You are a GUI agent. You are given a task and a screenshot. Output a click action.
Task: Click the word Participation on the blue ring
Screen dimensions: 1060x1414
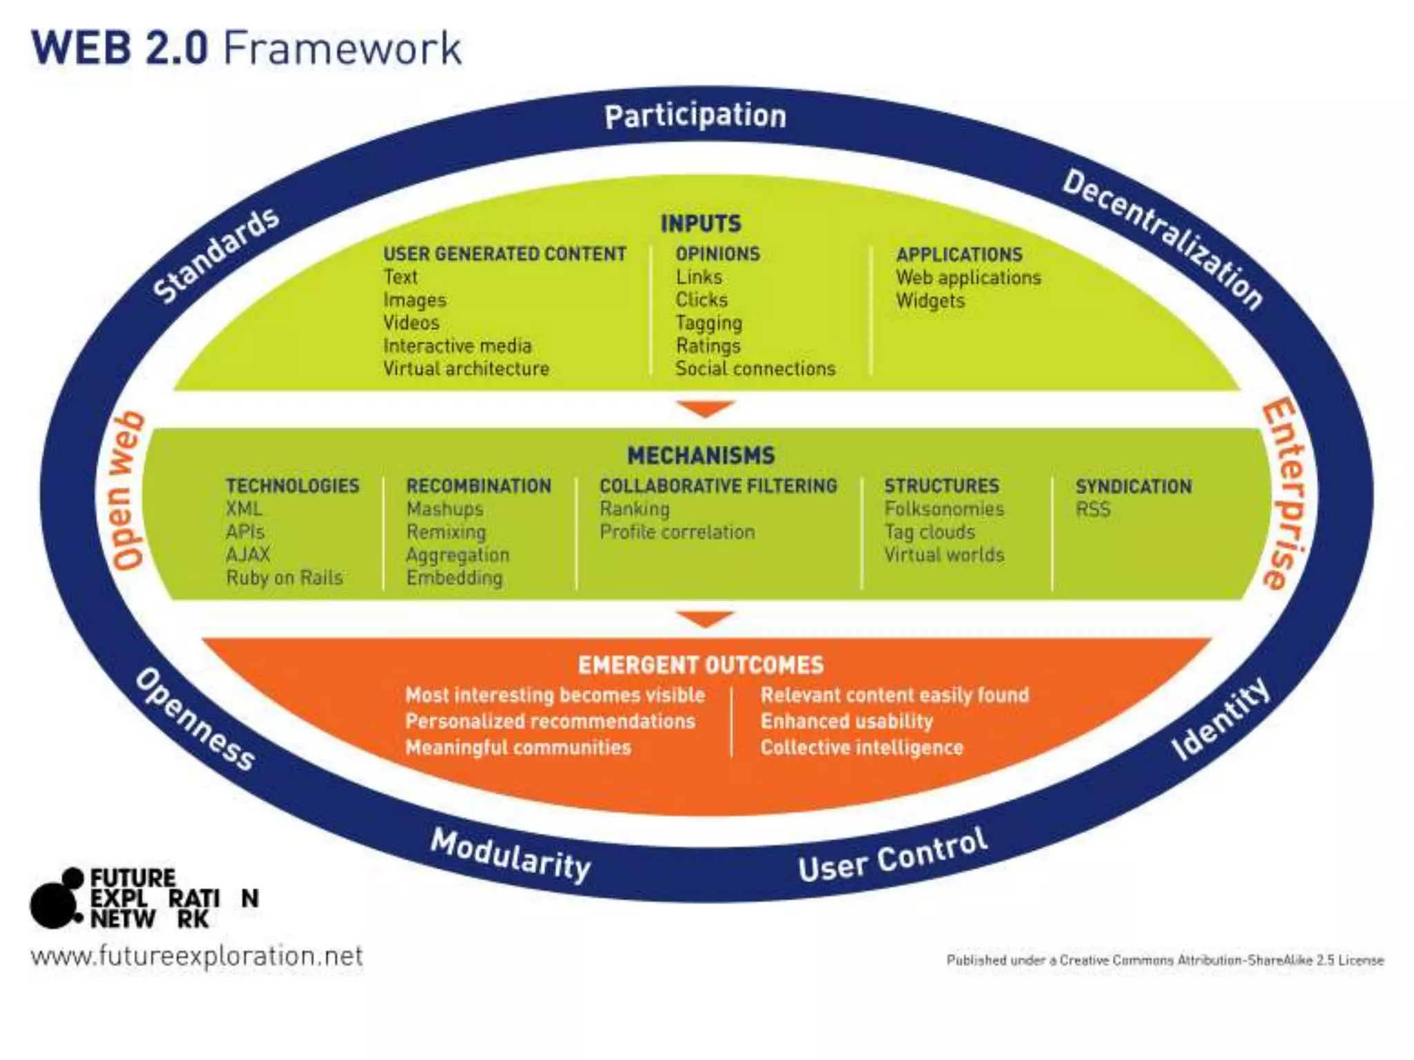click(x=695, y=116)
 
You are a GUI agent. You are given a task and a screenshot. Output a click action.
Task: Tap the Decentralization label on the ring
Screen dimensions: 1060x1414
click(x=1163, y=239)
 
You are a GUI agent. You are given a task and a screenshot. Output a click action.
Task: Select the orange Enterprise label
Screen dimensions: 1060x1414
click(x=1285, y=494)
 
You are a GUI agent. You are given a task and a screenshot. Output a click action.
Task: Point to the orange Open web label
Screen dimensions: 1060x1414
click(x=128, y=491)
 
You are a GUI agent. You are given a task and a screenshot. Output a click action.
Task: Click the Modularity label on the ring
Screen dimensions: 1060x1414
click(x=510, y=855)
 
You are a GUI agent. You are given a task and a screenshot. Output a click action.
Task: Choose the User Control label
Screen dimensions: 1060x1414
click(x=893, y=855)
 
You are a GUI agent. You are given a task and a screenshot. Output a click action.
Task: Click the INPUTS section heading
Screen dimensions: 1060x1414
click(x=700, y=224)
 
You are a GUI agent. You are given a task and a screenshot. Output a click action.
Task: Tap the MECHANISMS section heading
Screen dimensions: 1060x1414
click(x=700, y=455)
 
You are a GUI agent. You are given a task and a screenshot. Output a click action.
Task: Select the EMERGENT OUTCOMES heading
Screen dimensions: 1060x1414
click(x=700, y=665)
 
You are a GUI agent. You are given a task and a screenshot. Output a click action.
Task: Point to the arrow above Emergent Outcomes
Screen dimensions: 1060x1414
click(x=705, y=618)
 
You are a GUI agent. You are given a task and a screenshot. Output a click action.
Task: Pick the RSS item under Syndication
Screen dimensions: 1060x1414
click(x=1093, y=509)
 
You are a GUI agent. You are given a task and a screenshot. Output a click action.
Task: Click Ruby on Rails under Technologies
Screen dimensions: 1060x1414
click(x=284, y=578)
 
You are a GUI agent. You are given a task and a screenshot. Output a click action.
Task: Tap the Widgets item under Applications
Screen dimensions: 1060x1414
click(x=930, y=301)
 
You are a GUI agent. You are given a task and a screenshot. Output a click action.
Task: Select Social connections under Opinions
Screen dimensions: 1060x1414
click(x=755, y=369)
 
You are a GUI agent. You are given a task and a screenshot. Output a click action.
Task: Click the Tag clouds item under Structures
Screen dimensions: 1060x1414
click(x=929, y=532)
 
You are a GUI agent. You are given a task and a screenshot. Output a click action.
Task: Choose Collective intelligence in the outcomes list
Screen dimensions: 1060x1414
click(x=862, y=747)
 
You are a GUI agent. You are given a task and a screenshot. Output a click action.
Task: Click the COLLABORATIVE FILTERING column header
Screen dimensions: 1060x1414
click(x=718, y=486)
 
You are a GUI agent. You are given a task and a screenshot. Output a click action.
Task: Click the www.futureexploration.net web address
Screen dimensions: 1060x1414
click(x=197, y=956)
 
